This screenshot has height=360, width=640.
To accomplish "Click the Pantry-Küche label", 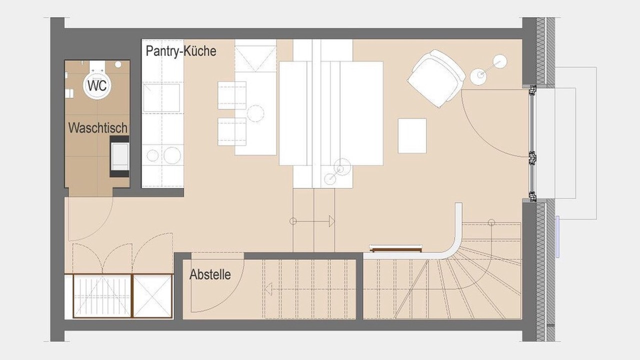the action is click(181, 51).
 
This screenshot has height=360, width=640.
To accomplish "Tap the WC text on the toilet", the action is click(97, 85).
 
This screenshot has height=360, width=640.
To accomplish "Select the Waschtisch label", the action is click(97, 127).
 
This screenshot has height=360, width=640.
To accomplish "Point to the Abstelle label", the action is click(210, 274).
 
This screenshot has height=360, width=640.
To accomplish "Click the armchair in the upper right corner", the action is click(436, 78).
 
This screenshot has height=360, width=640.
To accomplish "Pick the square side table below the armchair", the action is click(412, 135).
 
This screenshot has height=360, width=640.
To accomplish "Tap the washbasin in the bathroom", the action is click(119, 156).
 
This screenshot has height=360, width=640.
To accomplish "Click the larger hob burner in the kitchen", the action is click(172, 155).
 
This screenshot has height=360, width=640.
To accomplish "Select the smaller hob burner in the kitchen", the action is click(152, 155).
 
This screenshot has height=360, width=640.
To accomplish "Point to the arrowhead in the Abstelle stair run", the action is click(268, 288).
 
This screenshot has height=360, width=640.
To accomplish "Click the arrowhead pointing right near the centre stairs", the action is click(331, 221).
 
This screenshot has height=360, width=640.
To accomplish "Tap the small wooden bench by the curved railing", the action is click(395, 248).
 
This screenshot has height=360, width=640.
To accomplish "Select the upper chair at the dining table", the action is click(231, 95).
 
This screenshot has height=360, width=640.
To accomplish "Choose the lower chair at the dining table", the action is click(231, 131).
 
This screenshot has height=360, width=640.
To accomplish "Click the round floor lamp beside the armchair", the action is click(478, 76).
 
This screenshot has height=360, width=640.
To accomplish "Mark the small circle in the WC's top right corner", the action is click(118, 64).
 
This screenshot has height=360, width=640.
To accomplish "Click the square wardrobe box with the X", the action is click(152, 296).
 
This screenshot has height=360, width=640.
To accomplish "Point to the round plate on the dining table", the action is click(255, 113).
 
